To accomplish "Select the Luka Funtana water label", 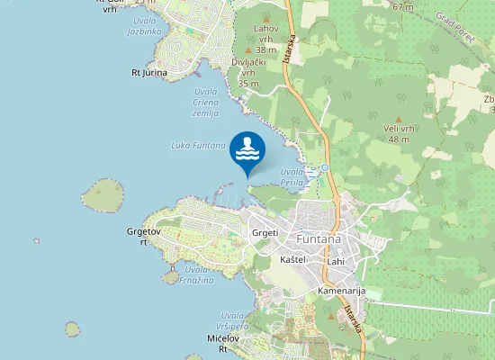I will [197, 145].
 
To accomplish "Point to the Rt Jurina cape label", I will [149, 72].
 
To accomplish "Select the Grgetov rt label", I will [143, 237].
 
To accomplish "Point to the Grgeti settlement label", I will [265, 232].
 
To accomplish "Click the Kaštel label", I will [294, 259].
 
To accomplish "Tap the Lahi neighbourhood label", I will [336, 261].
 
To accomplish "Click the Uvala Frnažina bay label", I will [196, 274].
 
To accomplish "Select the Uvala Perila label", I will [292, 176].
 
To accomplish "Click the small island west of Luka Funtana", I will [103, 193].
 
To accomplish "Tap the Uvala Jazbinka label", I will [145, 24].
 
